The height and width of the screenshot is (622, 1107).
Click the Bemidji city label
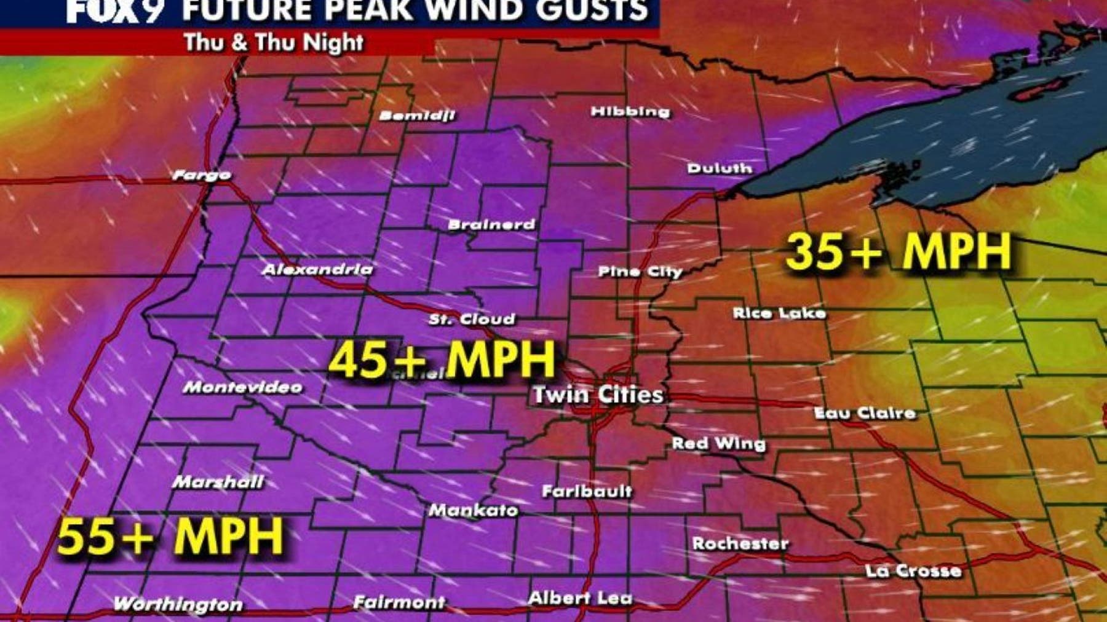pos(417,116)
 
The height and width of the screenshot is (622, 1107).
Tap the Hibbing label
pos(630,111)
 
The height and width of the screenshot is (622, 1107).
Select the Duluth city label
pos(719,168)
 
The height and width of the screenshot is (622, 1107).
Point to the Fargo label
pos(202,175)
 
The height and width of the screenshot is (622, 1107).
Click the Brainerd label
pos(491,224)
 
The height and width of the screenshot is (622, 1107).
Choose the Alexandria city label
pos(317,269)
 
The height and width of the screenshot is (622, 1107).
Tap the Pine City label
pos(640,272)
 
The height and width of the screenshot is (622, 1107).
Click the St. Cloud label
pos(472,319)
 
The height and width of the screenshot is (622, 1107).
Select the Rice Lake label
pos(779,313)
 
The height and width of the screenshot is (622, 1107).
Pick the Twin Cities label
pos(598,394)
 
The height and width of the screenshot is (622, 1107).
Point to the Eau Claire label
pos(865,413)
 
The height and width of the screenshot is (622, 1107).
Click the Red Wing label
pos(718,443)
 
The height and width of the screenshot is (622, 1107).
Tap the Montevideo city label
pos(242,387)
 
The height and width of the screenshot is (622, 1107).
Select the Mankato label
pos(473,510)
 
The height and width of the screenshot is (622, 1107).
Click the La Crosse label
pos(913,571)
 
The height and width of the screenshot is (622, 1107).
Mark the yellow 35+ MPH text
pos(898,251)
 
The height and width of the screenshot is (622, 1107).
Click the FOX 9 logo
pos(113,11)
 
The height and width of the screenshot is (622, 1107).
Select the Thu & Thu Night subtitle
pos(273,42)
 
